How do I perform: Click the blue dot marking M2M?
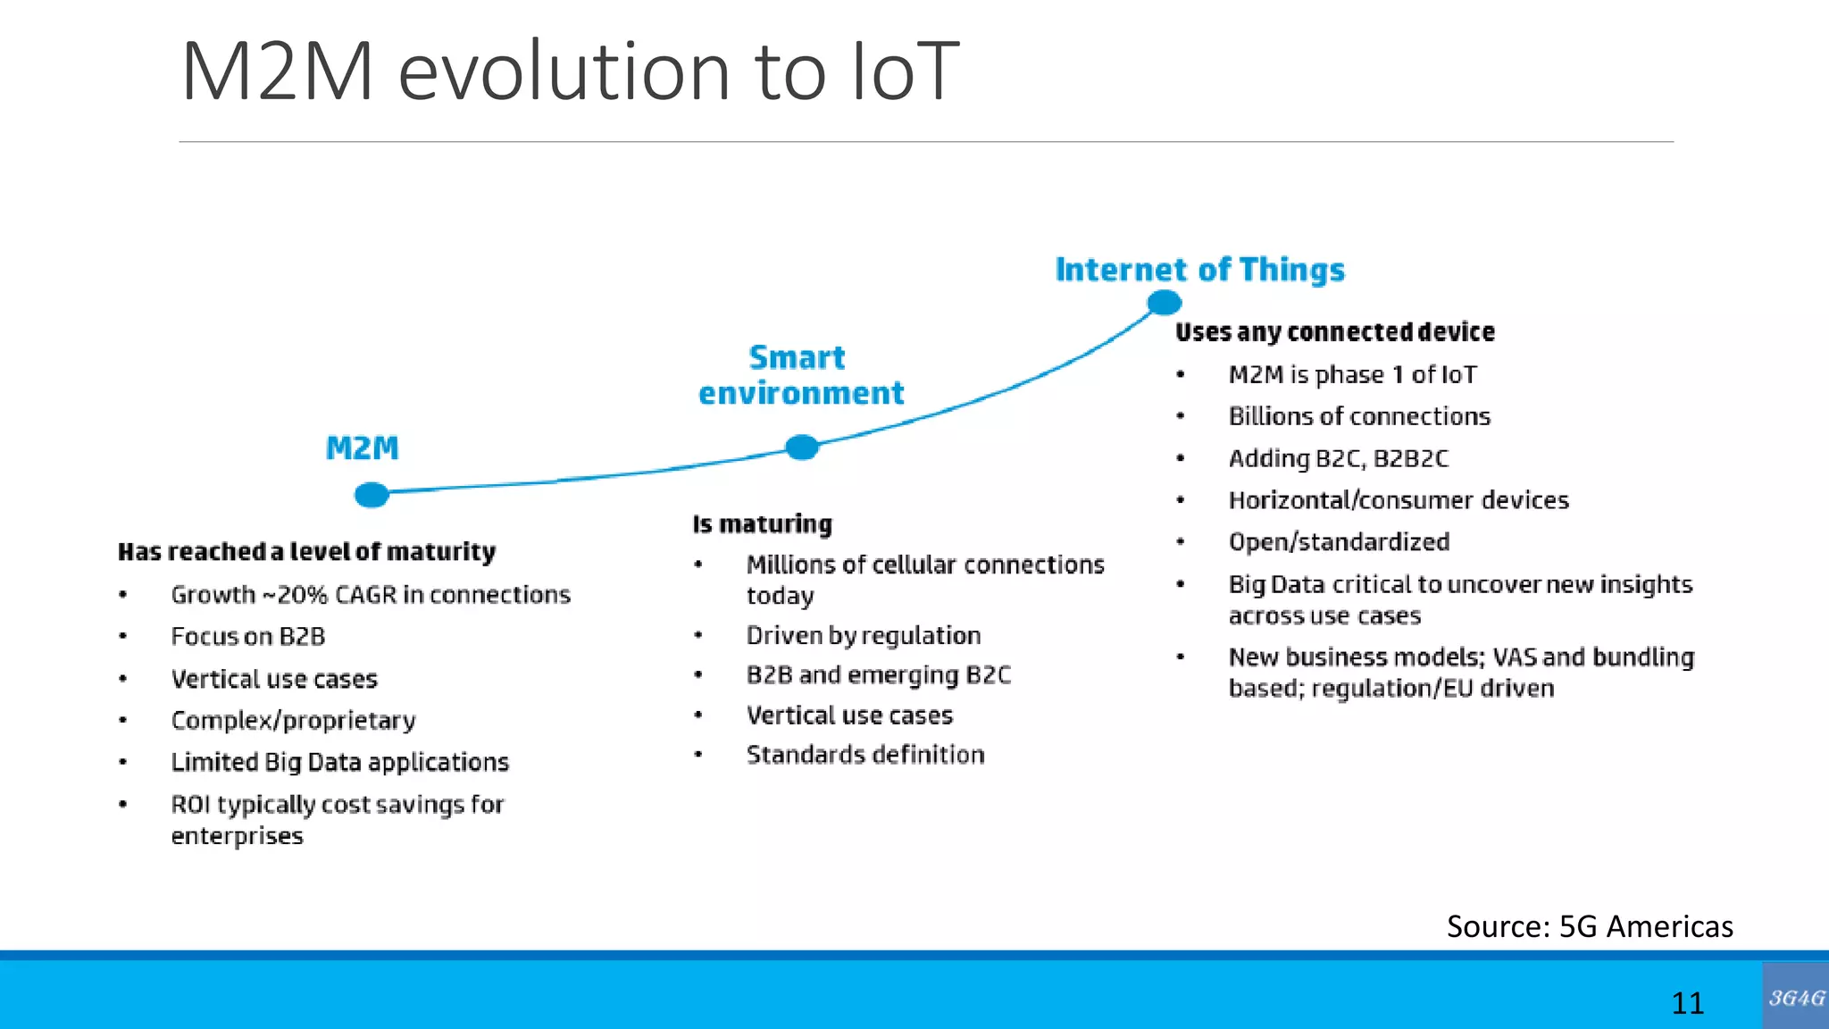click(372, 494)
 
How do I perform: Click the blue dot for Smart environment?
click(802, 447)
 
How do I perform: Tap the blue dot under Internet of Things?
click(1164, 303)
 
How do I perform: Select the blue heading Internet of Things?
click(1199, 270)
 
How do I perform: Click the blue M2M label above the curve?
click(362, 448)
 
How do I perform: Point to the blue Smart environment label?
click(800, 375)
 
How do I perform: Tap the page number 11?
click(1687, 1002)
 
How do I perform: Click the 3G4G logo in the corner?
click(1796, 997)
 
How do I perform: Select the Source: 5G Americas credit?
click(1590, 926)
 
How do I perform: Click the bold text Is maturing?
click(762, 523)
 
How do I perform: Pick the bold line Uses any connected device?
click(1334, 332)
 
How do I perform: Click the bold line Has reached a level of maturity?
click(306, 552)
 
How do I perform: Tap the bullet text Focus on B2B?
click(248, 637)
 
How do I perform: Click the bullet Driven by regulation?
click(864, 635)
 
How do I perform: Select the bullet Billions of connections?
click(1359, 416)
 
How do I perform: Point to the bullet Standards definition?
click(865, 755)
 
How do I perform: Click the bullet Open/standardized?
click(1339, 542)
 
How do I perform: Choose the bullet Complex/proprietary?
click(293, 720)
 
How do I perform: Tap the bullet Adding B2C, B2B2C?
click(1338, 458)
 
